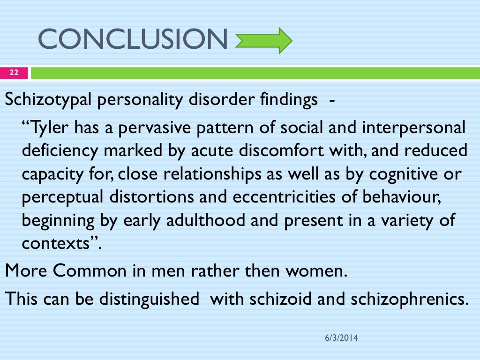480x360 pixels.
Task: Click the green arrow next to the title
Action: click(x=263, y=40)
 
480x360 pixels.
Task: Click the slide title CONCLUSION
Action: click(x=133, y=39)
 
